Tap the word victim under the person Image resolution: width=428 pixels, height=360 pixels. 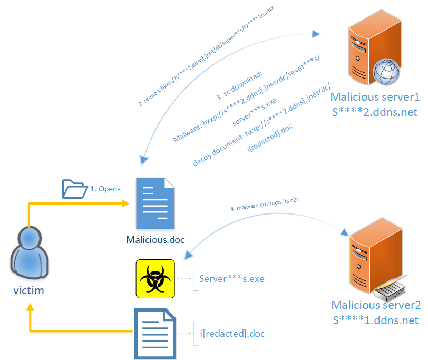pos(29,290)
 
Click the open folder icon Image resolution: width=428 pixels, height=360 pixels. pos(74,188)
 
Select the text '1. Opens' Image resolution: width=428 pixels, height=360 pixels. pos(106,189)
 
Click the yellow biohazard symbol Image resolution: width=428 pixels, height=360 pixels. pos(155,278)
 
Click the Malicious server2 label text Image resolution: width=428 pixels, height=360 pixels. pos(376,306)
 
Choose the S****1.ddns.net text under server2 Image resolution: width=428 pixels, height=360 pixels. pos(376,320)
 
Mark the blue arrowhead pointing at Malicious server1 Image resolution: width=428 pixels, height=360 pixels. pos(316,34)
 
